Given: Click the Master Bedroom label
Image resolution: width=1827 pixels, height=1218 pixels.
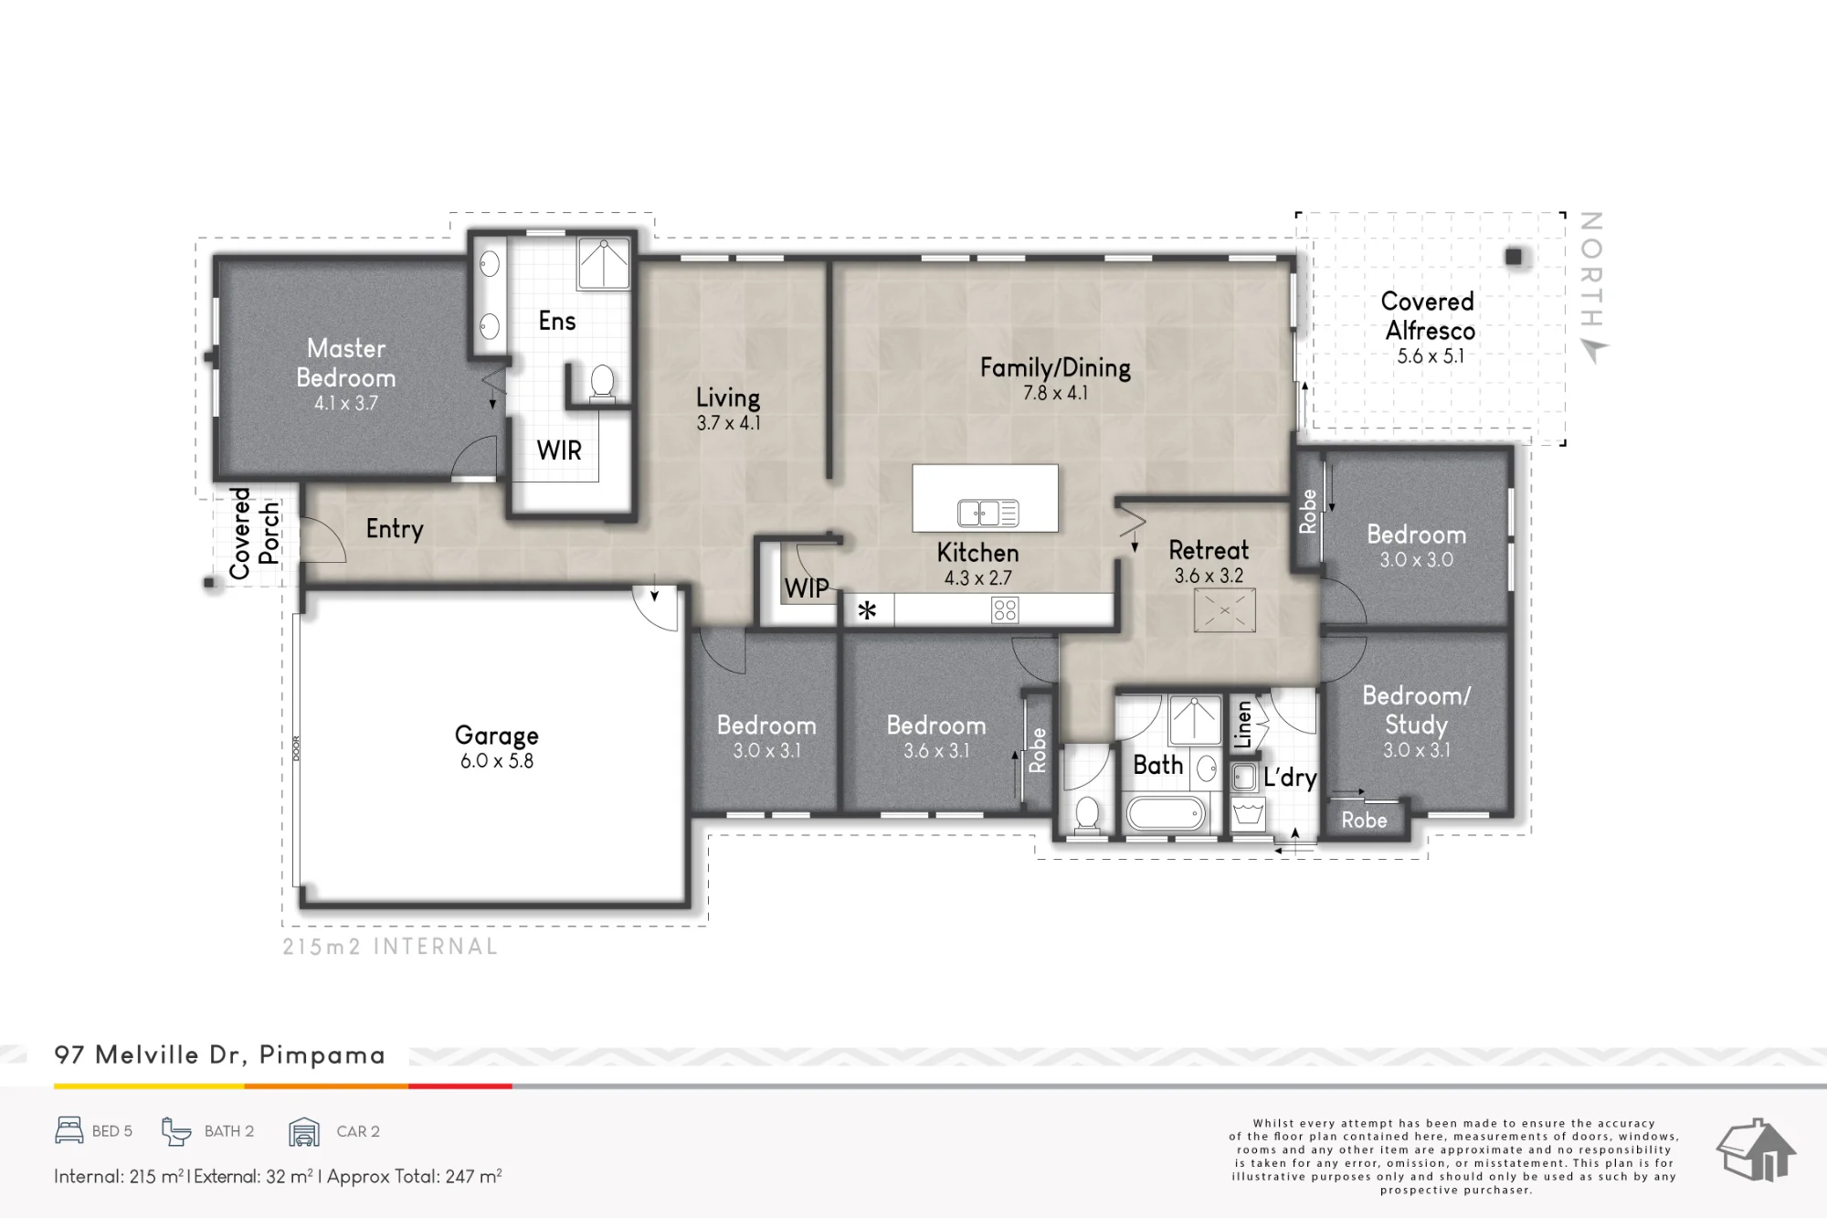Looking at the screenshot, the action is (346, 363).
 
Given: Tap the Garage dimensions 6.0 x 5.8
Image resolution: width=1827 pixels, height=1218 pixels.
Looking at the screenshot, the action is (497, 761).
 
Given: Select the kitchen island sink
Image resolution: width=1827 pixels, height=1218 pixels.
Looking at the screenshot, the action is (987, 514).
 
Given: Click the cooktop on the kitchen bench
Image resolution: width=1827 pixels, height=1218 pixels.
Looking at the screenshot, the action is (1005, 609).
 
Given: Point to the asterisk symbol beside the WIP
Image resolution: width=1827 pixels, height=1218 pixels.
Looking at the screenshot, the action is (867, 609).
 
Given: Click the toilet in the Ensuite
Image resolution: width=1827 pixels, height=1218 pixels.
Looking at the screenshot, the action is (602, 381).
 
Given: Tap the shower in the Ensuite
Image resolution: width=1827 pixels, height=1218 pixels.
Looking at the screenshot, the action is (604, 263).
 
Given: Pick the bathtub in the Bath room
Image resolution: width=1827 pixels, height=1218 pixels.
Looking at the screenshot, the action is (1167, 812).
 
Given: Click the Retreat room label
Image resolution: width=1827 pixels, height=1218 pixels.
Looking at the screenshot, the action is (1209, 550).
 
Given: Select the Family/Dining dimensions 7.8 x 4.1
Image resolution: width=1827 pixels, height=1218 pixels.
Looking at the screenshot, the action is (1055, 393).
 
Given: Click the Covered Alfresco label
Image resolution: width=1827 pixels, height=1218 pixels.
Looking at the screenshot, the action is (1429, 315).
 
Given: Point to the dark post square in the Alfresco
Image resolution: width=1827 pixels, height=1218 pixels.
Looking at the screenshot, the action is (1514, 257).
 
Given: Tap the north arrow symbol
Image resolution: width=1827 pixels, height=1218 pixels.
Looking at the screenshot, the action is (1594, 350).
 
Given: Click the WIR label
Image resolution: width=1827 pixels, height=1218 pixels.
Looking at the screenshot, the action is (559, 450).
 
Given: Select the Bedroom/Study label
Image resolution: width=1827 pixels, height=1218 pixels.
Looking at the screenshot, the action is (1417, 710).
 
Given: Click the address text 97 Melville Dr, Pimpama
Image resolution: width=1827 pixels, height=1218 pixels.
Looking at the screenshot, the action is (219, 1055).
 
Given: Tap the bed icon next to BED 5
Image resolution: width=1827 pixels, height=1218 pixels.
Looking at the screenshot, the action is (69, 1130).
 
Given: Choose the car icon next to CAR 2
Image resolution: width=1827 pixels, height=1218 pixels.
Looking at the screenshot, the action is (304, 1131).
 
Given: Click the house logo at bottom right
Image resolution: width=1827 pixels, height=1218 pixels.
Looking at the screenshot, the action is (1756, 1149).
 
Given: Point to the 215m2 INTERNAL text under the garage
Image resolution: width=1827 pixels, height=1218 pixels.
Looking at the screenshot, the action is (390, 947).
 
